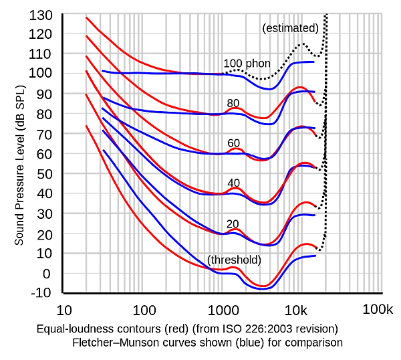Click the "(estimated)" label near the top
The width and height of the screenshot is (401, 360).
click(x=285, y=29)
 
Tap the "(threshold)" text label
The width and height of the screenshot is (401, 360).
click(x=234, y=260)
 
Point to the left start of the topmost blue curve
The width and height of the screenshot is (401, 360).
click(x=102, y=71)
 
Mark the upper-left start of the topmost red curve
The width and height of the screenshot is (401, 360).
click(x=88, y=18)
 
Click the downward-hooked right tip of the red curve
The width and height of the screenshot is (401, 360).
click(x=314, y=102)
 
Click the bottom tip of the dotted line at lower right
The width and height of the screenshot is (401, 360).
click(x=319, y=250)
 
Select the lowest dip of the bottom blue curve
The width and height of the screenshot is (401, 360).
click(x=263, y=288)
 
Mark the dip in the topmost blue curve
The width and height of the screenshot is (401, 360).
click(x=267, y=88)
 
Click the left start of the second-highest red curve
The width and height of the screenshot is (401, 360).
click(x=88, y=39)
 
